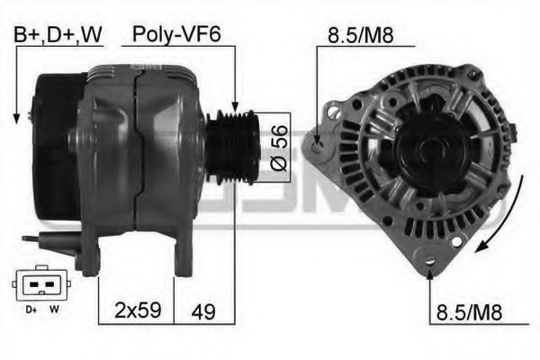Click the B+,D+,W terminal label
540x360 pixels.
pyautogui.click(x=58, y=34)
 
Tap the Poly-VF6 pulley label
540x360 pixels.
pyautogui.click(x=176, y=34)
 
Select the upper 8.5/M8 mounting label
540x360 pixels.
pyautogui.click(x=360, y=34)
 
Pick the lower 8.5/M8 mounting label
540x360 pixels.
pyautogui.click(x=469, y=312)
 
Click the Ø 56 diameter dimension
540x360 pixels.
pyautogui.click(x=280, y=148)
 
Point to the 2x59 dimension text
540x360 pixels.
pyautogui.click(x=138, y=310)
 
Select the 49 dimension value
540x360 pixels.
pyautogui.click(x=203, y=311)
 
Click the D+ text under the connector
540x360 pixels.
pyautogui.click(x=31, y=310)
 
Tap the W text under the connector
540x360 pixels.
pyautogui.click(x=54, y=310)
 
